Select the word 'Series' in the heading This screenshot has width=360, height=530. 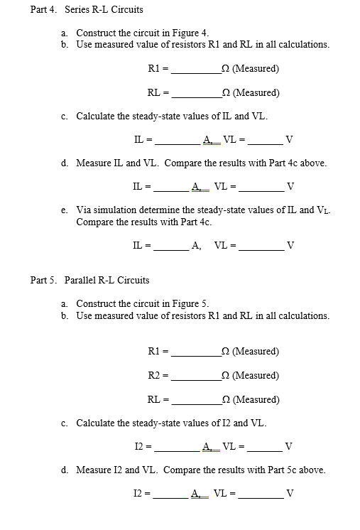[77, 10]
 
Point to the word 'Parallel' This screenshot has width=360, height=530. [80, 281]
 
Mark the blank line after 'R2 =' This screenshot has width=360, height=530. [196, 377]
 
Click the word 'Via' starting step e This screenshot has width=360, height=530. [83, 210]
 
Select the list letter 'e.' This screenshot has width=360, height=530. [65, 210]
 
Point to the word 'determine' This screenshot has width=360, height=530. [159, 210]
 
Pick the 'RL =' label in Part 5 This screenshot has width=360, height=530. [157, 399]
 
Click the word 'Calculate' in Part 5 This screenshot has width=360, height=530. [97, 423]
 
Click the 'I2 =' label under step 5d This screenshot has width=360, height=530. [142, 493]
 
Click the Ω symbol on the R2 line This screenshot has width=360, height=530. [225, 375]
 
